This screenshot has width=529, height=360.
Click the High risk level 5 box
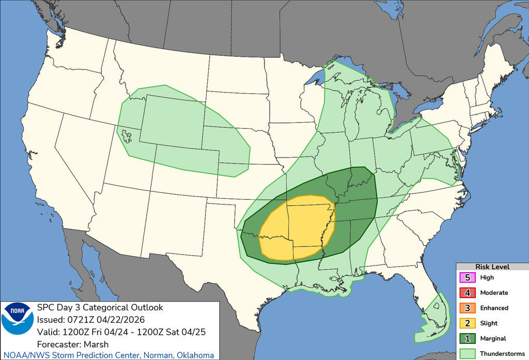467,277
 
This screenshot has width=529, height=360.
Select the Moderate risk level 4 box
467,293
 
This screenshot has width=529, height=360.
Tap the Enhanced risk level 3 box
467,308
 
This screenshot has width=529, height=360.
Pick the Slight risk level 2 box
467,323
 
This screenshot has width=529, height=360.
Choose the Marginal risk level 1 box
467,338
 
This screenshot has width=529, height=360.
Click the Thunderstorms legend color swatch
467,354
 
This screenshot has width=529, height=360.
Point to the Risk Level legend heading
492,267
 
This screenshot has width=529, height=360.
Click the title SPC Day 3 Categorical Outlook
100,308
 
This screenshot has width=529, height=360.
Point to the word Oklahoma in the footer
195,355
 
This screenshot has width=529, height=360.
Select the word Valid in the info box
48,332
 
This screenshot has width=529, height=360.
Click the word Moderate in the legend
494,293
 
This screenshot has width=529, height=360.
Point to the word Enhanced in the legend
494,308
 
